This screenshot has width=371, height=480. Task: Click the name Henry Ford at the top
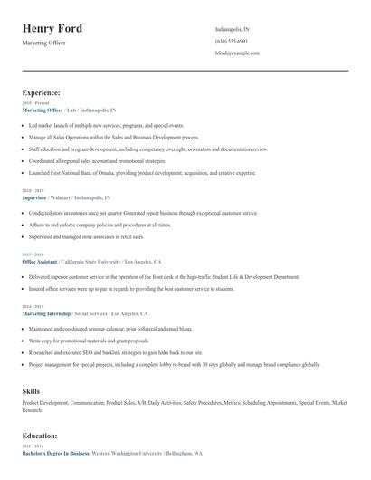pyautogui.click(x=52, y=29)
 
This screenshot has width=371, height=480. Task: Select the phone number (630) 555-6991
pyautogui.click(x=232, y=42)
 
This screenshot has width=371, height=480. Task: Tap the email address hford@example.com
pyautogui.click(x=237, y=53)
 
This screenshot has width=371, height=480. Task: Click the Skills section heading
pyautogui.click(x=31, y=389)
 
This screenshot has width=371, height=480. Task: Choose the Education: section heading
pyautogui.click(x=40, y=436)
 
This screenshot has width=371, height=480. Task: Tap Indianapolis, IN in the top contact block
pyautogui.click(x=233, y=30)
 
